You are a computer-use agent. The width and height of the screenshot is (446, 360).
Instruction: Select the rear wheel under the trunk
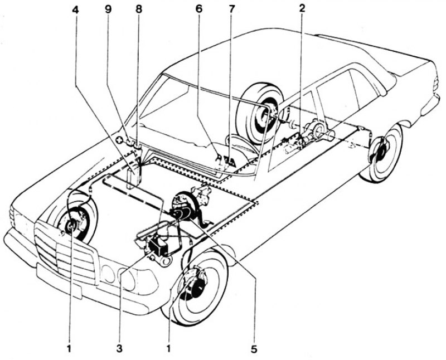coord(382,153)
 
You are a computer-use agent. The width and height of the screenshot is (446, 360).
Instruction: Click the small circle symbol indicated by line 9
coord(119,140)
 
